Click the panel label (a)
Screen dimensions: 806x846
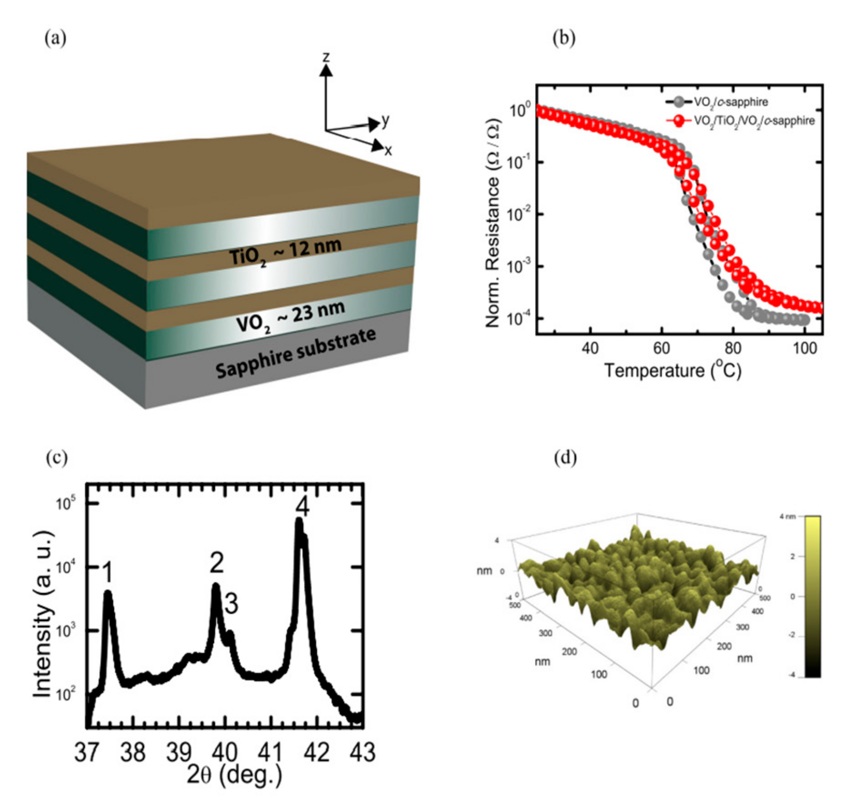point(55,38)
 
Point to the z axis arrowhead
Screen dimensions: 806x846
point(326,70)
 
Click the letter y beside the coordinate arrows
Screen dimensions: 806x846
point(385,120)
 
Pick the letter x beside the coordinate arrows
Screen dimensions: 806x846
point(388,150)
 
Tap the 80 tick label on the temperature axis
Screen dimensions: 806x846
point(733,348)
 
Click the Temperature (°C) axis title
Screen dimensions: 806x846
point(672,370)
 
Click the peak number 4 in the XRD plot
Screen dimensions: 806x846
point(302,506)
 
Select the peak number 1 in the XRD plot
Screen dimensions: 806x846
point(107,571)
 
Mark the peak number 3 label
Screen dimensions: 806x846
point(231,604)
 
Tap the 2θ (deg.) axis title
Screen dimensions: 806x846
point(234,775)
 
